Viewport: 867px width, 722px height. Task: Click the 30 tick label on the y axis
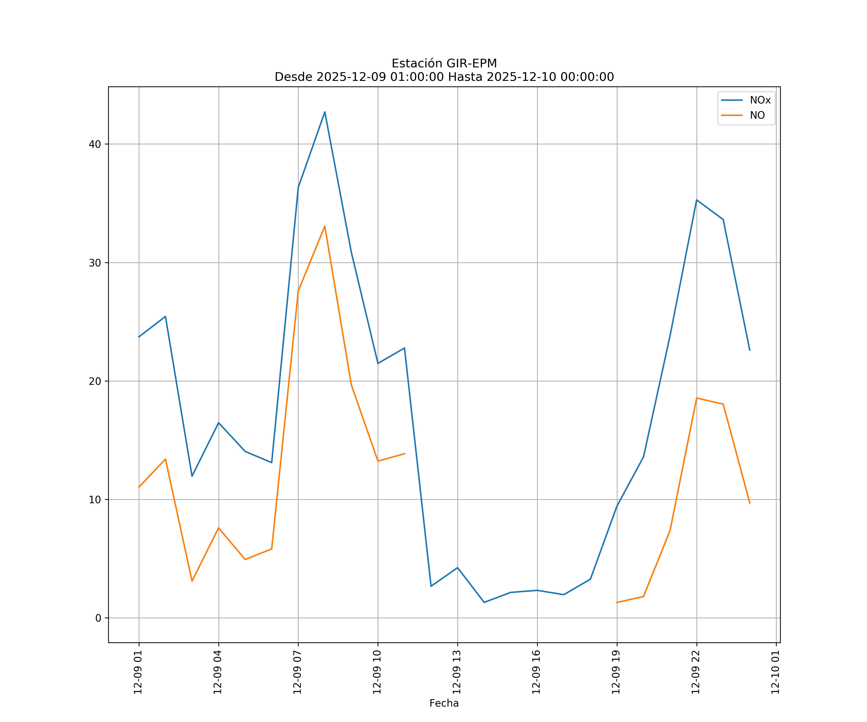coord(95,263)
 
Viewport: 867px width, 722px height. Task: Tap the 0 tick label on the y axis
coord(98,618)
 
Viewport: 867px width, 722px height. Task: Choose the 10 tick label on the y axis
coord(95,500)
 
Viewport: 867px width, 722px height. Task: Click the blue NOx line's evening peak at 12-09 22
coord(696,200)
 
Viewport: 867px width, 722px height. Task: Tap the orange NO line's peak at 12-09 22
coord(696,398)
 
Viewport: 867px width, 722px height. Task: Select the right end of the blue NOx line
coord(750,350)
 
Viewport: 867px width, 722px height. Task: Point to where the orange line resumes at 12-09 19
coord(617,602)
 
